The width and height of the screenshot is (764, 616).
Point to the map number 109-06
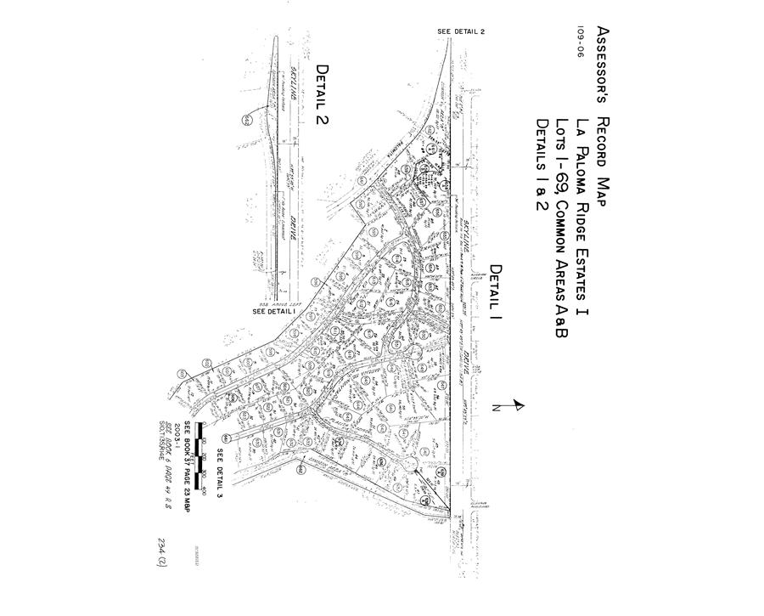coord(583,41)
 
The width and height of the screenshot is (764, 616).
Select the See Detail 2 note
coord(460,31)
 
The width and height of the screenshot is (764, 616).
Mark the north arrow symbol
coord(510,409)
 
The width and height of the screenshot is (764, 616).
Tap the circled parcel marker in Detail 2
coord(246,119)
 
